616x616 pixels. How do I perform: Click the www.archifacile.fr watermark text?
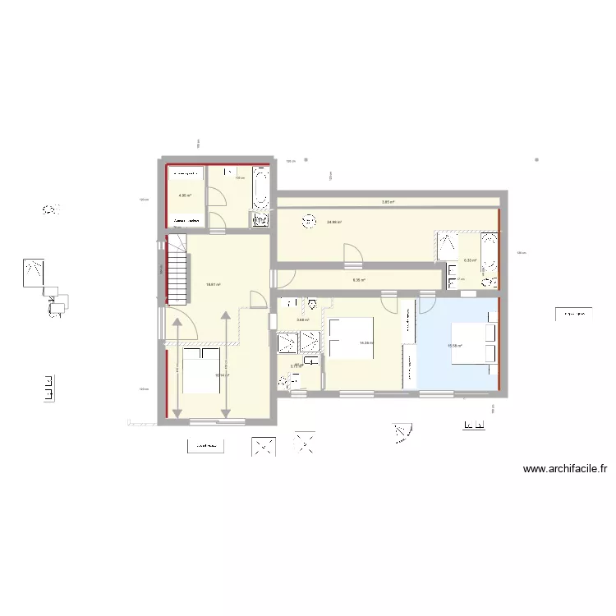click(564, 470)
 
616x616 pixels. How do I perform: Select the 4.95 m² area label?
click(185, 195)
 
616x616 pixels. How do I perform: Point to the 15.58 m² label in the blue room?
click(454, 346)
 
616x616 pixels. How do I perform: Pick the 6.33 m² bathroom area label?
click(470, 260)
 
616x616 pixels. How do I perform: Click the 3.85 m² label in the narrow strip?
click(388, 202)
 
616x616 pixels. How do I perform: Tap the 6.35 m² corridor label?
click(359, 280)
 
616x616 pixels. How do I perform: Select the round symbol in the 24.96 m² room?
click(309, 219)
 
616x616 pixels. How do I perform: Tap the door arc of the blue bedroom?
click(427, 306)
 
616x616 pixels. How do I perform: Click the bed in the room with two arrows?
click(201, 371)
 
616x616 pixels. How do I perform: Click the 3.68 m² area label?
click(302, 319)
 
